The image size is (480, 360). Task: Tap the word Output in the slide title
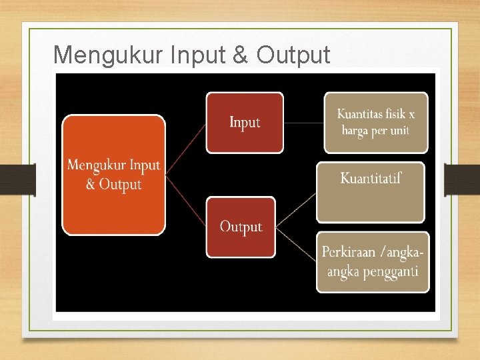coord(293,55)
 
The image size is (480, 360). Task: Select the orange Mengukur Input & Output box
coord(113,175)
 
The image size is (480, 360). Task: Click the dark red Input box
coord(244,123)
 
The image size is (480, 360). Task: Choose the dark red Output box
coord(240,227)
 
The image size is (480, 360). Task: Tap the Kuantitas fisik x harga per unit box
coord(376,123)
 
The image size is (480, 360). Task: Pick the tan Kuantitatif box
coord(370,192)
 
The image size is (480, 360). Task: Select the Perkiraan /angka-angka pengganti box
coord(373,262)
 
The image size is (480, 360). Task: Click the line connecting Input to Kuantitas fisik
coord(303,123)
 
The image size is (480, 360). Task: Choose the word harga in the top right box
coord(355,131)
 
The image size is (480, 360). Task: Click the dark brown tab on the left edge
coord(17,180)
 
